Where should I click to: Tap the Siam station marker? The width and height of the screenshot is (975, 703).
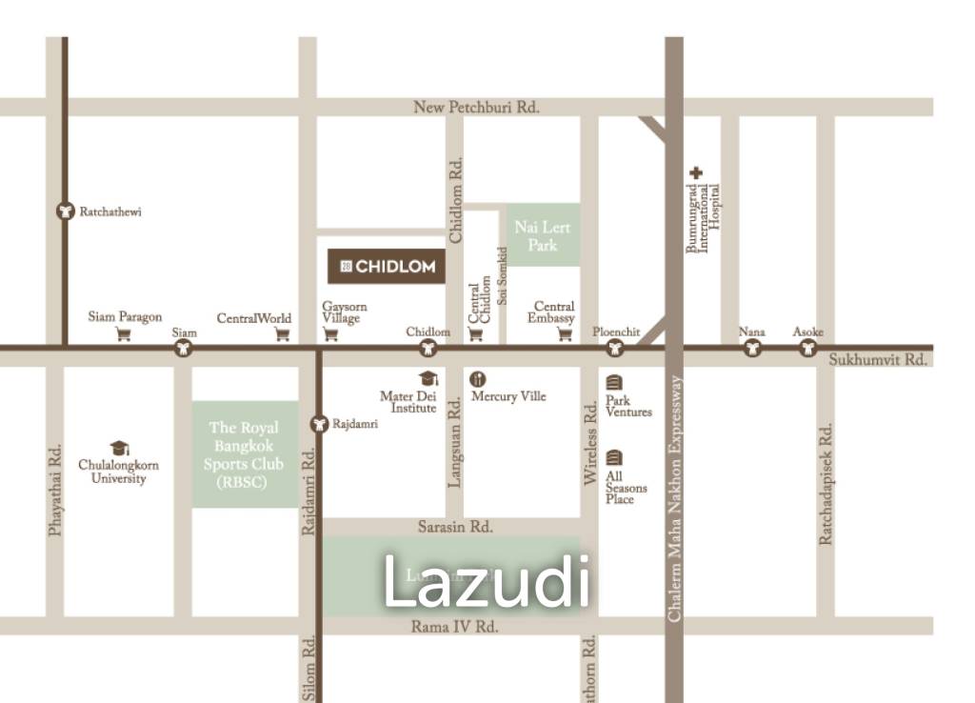184,349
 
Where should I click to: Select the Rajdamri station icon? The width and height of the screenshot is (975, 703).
319,422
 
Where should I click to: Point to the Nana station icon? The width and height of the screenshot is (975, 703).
752,349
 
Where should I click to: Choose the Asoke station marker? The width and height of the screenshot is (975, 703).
807,349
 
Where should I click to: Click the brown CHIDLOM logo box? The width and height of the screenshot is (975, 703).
388,267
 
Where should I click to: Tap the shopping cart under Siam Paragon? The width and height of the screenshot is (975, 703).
124,333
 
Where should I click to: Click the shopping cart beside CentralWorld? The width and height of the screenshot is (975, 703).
282,333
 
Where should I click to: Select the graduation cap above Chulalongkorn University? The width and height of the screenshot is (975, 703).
119,448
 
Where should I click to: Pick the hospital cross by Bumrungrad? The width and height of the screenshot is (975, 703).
697,173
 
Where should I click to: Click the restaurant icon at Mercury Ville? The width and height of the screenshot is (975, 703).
479,378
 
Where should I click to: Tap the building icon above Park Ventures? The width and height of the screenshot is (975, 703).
614,382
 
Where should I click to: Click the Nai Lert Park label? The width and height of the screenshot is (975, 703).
543,235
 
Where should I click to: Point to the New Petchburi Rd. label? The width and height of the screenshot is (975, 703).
476,108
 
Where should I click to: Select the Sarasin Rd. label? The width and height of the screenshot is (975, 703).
455,526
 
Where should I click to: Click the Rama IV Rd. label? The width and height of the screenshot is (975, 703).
454,626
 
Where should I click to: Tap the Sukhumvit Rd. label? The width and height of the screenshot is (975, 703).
877,360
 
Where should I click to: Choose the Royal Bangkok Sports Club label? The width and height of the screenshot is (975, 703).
244,454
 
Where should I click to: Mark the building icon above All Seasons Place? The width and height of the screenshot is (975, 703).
614,457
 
